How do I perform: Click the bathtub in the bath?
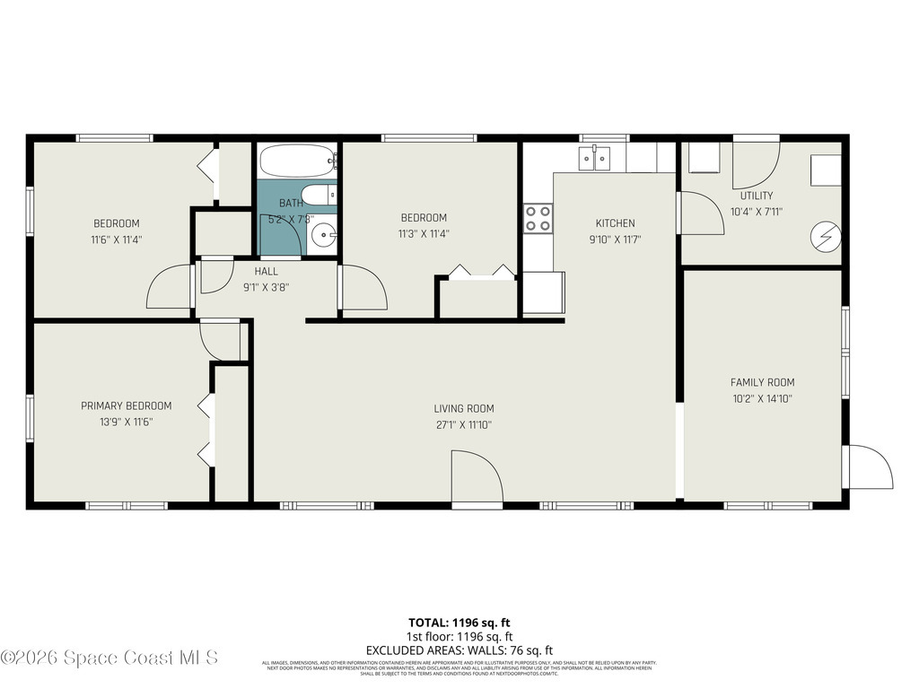pos(297,161)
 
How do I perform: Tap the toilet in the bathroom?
pos(317,196)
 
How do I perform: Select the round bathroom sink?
pos(322,237)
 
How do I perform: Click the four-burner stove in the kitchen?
pos(538,218)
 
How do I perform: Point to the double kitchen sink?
pos(594,159)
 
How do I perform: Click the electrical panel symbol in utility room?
pos(827,236)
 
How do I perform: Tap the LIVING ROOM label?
pos(463,409)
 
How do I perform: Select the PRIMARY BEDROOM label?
pos(126,406)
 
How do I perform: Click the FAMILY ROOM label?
pos(762,382)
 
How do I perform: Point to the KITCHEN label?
pos(615,223)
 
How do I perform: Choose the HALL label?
pos(266,271)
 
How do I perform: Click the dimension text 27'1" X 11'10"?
pos(463,425)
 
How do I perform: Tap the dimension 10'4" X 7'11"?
pos(757,212)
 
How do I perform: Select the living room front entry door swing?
pos(477,479)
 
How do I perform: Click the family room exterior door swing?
pos(869,467)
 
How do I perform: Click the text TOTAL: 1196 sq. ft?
pos(459,622)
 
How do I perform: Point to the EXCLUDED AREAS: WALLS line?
pos(459,650)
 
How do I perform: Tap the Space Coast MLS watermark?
pos(109,658)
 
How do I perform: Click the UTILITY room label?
pos(757,196)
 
